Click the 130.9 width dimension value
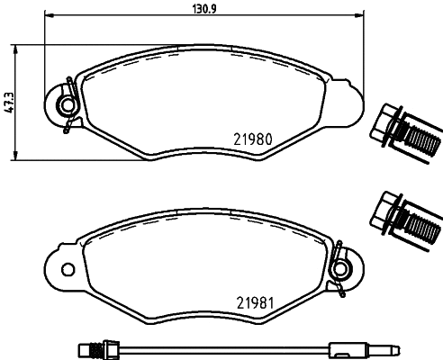point(204,9)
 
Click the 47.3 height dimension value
point(9,103)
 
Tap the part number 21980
point(253,139)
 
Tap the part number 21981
point(256,303)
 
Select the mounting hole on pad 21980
point(68,104)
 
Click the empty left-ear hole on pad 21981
point(68,269)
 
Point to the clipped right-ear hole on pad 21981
point(340,269)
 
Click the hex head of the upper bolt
point(384,125)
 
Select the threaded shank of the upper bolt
point(422,139)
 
